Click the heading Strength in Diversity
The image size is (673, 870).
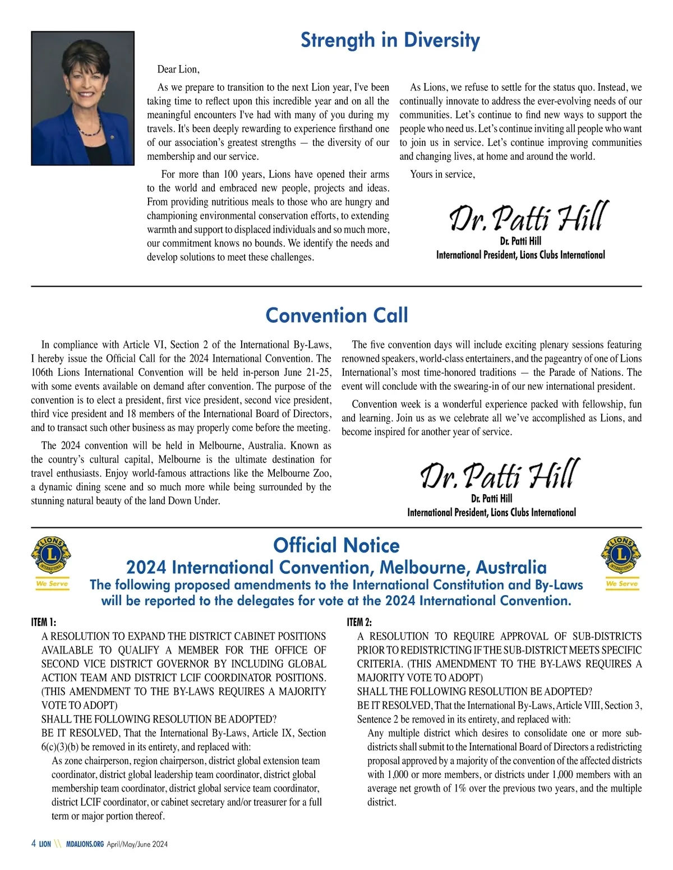tap(390, 40)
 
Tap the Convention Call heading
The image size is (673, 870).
tap(336, 315)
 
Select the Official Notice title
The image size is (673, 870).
tap(336, 545)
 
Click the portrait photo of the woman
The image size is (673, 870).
tap(82, 98)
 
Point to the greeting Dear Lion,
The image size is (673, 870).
tap(178, 70)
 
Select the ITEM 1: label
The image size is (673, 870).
tap(44, 622)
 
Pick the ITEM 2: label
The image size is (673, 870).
tap(359, 622)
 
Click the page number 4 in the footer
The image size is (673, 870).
tap(34, 844)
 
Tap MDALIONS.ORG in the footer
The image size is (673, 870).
tap(85, 844)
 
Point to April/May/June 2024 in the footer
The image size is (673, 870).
tap(137, 844)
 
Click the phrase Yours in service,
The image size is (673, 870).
tap(442, 174)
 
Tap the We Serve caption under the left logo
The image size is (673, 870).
tap(52, 584)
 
